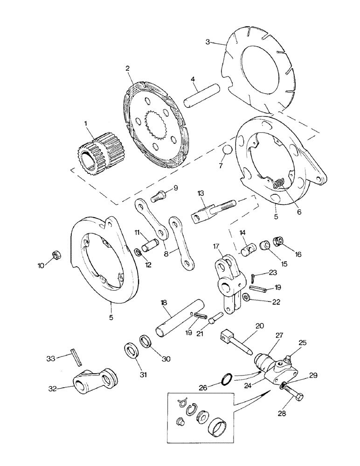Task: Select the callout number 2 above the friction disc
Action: (126, 68)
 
